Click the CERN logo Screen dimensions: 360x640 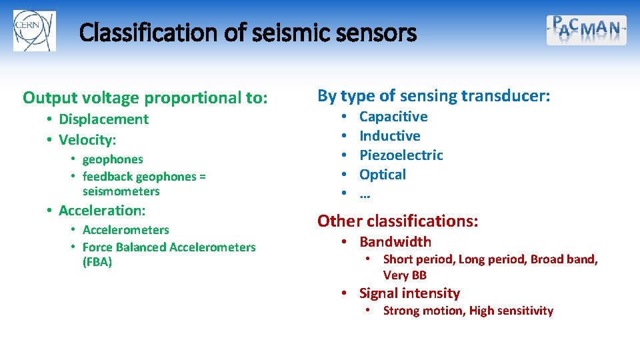(34, 31)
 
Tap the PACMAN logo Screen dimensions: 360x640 (586, 30)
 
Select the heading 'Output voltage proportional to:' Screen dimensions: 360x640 (145, 98)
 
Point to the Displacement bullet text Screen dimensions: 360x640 (103, 119)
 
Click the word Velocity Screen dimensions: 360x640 (87, 140)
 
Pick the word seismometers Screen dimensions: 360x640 (121, 191)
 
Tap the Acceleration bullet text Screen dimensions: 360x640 (101, 211)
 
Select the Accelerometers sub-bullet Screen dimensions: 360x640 (125, 230)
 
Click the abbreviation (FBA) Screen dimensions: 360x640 (97, 262)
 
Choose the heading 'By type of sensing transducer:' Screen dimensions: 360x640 (433, 96)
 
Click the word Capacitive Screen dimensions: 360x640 (393, 117)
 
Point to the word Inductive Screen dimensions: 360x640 (389, 136)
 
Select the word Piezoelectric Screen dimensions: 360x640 (401, 155)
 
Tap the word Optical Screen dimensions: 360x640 (382, 175)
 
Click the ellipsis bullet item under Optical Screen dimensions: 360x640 (365, 195)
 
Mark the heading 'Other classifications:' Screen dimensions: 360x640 (397, 221)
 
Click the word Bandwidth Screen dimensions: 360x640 (395, 242)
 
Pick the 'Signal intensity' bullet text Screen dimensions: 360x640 (409, 293)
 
